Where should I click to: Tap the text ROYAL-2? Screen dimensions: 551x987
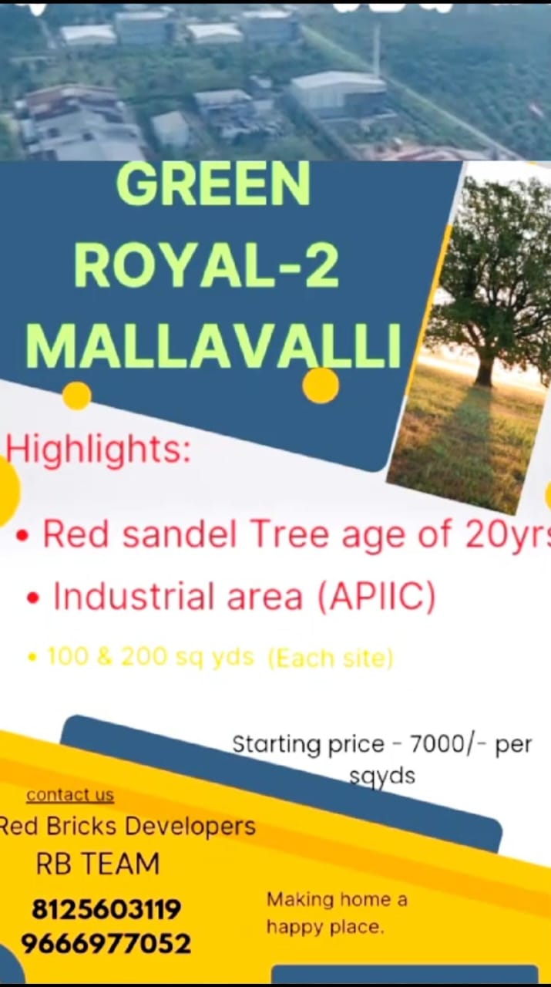coord(207,266)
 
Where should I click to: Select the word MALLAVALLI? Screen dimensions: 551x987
coord(213,346)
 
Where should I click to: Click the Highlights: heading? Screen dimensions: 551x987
coord(98,450)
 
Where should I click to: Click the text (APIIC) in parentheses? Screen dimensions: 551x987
coord(377,597)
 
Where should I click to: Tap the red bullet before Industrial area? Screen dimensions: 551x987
coord(33,598)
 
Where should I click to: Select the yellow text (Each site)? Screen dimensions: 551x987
coord(331,659)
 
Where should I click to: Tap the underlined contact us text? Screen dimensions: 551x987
coord(70,795)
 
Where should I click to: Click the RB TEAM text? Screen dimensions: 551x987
coord(97,864)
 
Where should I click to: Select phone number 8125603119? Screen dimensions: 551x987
coord(106,909)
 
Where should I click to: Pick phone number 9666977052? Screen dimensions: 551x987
coord(106,944)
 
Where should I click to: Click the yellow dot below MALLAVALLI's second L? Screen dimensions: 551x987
coord(321,385)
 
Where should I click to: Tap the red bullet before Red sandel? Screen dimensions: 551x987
coord(22,536)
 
